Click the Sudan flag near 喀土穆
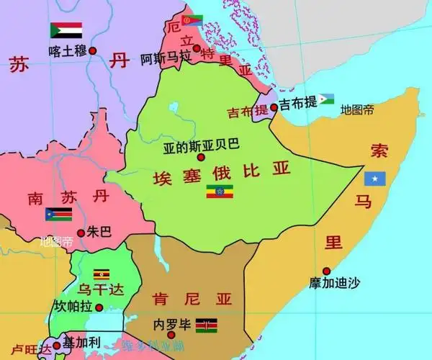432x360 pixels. point(66,30)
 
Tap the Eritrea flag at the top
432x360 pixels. point(192,21)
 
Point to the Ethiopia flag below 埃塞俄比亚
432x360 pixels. point(220,192)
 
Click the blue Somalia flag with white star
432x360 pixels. point(375,178)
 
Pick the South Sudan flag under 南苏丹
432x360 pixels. point(59,215)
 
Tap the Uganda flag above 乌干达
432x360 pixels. point(102,274)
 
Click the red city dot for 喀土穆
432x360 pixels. point(91,51)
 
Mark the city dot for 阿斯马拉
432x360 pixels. point(196,48)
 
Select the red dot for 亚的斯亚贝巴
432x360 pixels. point(201,157)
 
